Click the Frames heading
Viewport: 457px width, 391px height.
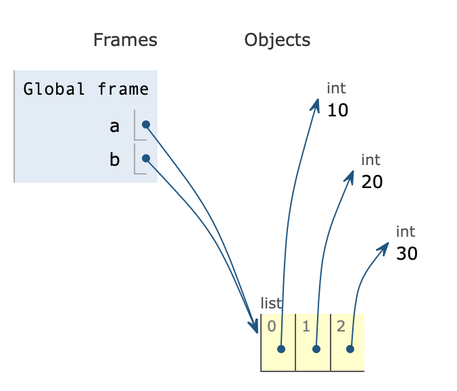[125, 40]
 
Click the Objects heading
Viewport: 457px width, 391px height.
[277, 40]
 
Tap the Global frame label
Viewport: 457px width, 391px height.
[86, 89]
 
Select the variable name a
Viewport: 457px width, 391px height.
[114, 126]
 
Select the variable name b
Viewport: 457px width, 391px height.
[114, 160]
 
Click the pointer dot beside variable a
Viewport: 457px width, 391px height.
[146, 124]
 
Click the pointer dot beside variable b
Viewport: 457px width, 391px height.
[146, 158]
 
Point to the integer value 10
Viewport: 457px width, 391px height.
[337, 110]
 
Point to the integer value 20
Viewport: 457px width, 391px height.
[372, 182]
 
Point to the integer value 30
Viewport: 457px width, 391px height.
[407, 254]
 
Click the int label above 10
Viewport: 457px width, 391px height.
[336, 89]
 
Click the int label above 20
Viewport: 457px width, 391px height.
[370, 160]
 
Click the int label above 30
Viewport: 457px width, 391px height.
[406, 232]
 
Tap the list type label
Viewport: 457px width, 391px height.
[271, 303]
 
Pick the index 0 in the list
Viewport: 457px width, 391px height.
[271, 326]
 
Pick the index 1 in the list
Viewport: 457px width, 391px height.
[306, 326]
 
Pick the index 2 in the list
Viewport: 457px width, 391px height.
[340, 326]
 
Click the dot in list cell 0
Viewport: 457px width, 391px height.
[281, 349]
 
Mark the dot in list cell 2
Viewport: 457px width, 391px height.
[350, 349]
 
